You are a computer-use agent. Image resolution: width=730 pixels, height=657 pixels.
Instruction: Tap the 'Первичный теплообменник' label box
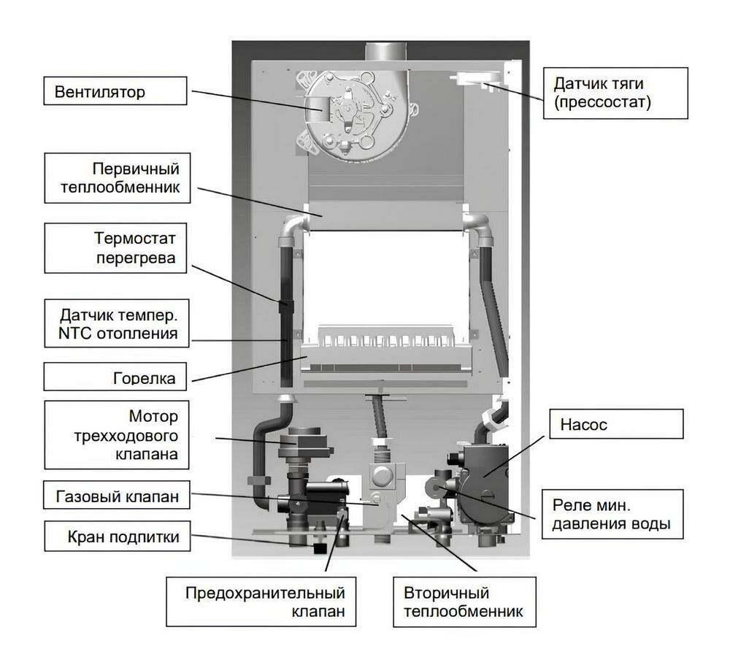click(x=117, y=178)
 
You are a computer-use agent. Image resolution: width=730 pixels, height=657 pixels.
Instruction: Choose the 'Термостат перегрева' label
click(x=117, y=250)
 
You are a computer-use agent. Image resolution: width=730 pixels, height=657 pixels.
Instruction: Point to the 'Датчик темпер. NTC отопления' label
click(x=117, y=326)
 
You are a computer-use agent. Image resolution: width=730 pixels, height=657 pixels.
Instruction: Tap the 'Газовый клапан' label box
click(x=117, y=498)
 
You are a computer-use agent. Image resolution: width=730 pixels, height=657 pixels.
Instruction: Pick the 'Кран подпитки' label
click(x=117, y=538)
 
